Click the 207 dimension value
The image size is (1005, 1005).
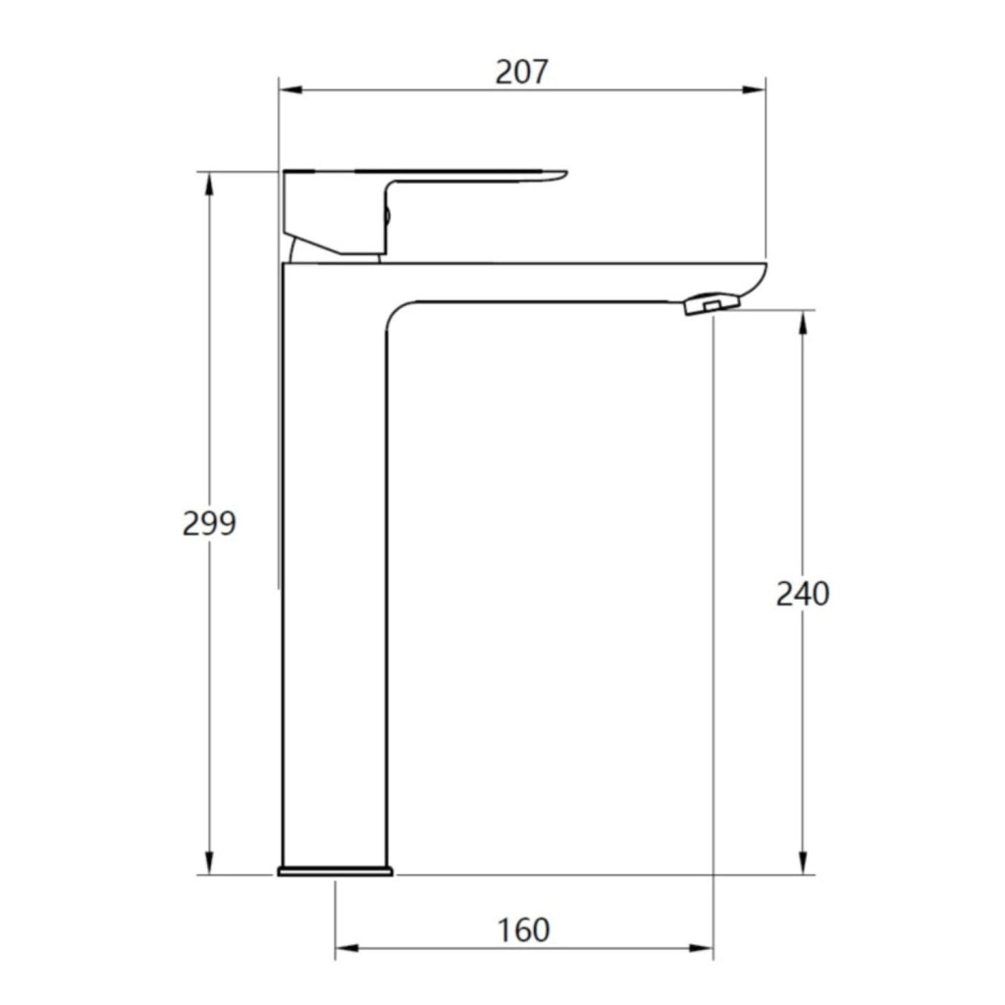click(x=522, y=72)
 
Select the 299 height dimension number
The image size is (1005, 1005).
click(x=209, y=523)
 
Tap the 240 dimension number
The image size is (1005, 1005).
click(x=803, y=594)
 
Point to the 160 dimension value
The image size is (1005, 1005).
click(x=524, y=930)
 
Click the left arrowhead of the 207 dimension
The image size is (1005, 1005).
click(x=291, y=89)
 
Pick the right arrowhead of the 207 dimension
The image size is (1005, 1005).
click(x=755, y=89)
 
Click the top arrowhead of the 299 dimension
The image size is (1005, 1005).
click(x=208, y=184)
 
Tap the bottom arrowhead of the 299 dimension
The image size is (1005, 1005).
click(x=208, y=863)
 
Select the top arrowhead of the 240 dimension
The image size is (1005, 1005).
click(x=803, y=322)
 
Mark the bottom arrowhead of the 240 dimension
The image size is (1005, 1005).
click(x=803, y=863)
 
